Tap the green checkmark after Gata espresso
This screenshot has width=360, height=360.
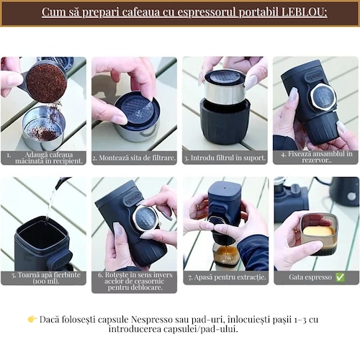[x=341, y=277]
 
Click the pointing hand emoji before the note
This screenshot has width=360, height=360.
[x=32, y=319]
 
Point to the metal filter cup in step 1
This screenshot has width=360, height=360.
[x=44, y=127]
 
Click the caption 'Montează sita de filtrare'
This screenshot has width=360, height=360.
[x=135, y=158]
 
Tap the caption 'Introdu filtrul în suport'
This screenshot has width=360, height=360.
[x=225, y=158]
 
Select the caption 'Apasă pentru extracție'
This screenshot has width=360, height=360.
[x=228, y=277]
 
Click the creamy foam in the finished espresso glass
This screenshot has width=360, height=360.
[x=319, y=232]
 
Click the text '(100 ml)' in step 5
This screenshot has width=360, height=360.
[x=45, y=281]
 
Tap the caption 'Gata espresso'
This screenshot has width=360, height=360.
[x=310, y=277]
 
